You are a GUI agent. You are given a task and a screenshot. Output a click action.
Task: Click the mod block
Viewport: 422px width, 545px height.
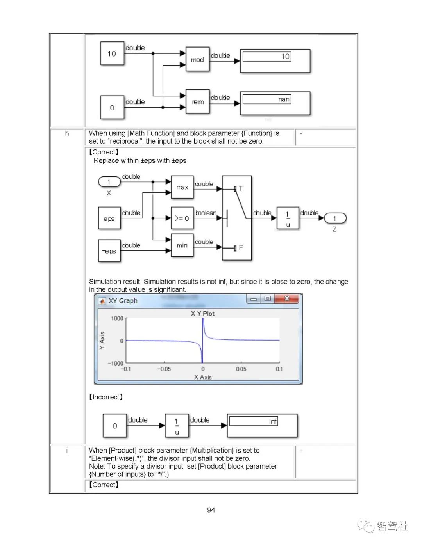[x=197, y=59]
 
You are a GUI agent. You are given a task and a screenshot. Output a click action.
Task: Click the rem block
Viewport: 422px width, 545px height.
[x=197, y=101]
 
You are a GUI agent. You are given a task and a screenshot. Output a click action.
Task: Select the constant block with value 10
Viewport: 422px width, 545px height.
[x=112, y=53]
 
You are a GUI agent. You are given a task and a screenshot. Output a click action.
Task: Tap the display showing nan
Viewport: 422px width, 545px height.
[x=275, y=103]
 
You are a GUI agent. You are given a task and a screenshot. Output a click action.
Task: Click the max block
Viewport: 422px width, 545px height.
[x=182, y=187]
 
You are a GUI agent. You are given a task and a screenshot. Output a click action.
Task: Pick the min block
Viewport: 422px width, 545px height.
[x=182, y=245]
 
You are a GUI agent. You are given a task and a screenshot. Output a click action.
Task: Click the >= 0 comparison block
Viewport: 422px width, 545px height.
[x=182, y=218]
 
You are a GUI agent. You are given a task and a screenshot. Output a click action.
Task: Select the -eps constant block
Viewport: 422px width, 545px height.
[x=109, y=251]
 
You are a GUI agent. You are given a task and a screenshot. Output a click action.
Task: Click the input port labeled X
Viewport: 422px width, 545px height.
[x=109, y=182]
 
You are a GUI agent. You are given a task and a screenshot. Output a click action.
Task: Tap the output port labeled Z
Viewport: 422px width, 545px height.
[x=334, y=218]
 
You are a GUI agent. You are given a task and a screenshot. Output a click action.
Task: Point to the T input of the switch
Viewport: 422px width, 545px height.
[x=235, y=189]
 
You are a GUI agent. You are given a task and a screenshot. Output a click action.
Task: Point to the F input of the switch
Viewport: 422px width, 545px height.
[x=235, y=248]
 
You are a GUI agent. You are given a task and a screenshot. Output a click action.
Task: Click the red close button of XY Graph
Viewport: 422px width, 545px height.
[x=287, y=299]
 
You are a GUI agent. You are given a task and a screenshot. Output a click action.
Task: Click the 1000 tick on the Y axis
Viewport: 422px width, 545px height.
[x=117, y=318]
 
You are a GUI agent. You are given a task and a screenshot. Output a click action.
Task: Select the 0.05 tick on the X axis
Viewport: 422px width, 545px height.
[x=241, y=369]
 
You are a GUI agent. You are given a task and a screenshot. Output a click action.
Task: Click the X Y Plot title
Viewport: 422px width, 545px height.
[x=203, y=314]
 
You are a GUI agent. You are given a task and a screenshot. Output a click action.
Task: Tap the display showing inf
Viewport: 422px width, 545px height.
[x=262, y=425]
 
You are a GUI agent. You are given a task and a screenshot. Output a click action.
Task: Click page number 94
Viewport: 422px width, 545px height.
[x=211, y=510]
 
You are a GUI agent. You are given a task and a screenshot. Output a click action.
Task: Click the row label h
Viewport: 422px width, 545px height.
[x=67, y=133]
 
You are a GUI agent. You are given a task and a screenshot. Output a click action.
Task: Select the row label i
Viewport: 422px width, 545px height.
[x=67, y=451]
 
